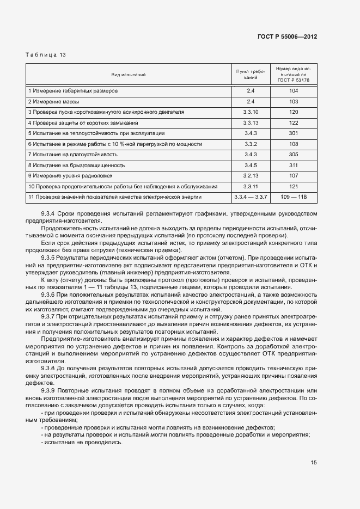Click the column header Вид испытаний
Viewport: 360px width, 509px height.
129,75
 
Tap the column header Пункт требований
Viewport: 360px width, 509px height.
251,74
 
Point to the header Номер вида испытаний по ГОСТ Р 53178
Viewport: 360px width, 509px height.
293,74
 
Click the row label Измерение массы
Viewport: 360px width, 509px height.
53,101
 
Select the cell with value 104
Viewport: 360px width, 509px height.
294,91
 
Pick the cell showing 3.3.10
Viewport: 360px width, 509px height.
251,112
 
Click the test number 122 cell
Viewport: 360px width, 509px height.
294,122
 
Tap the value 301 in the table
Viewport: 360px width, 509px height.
294,133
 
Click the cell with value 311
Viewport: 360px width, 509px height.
294,164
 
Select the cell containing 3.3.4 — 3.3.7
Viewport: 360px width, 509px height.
251,196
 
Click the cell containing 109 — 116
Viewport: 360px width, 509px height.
294,196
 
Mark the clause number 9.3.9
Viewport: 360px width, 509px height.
49,391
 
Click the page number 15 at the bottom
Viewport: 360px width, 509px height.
314,463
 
